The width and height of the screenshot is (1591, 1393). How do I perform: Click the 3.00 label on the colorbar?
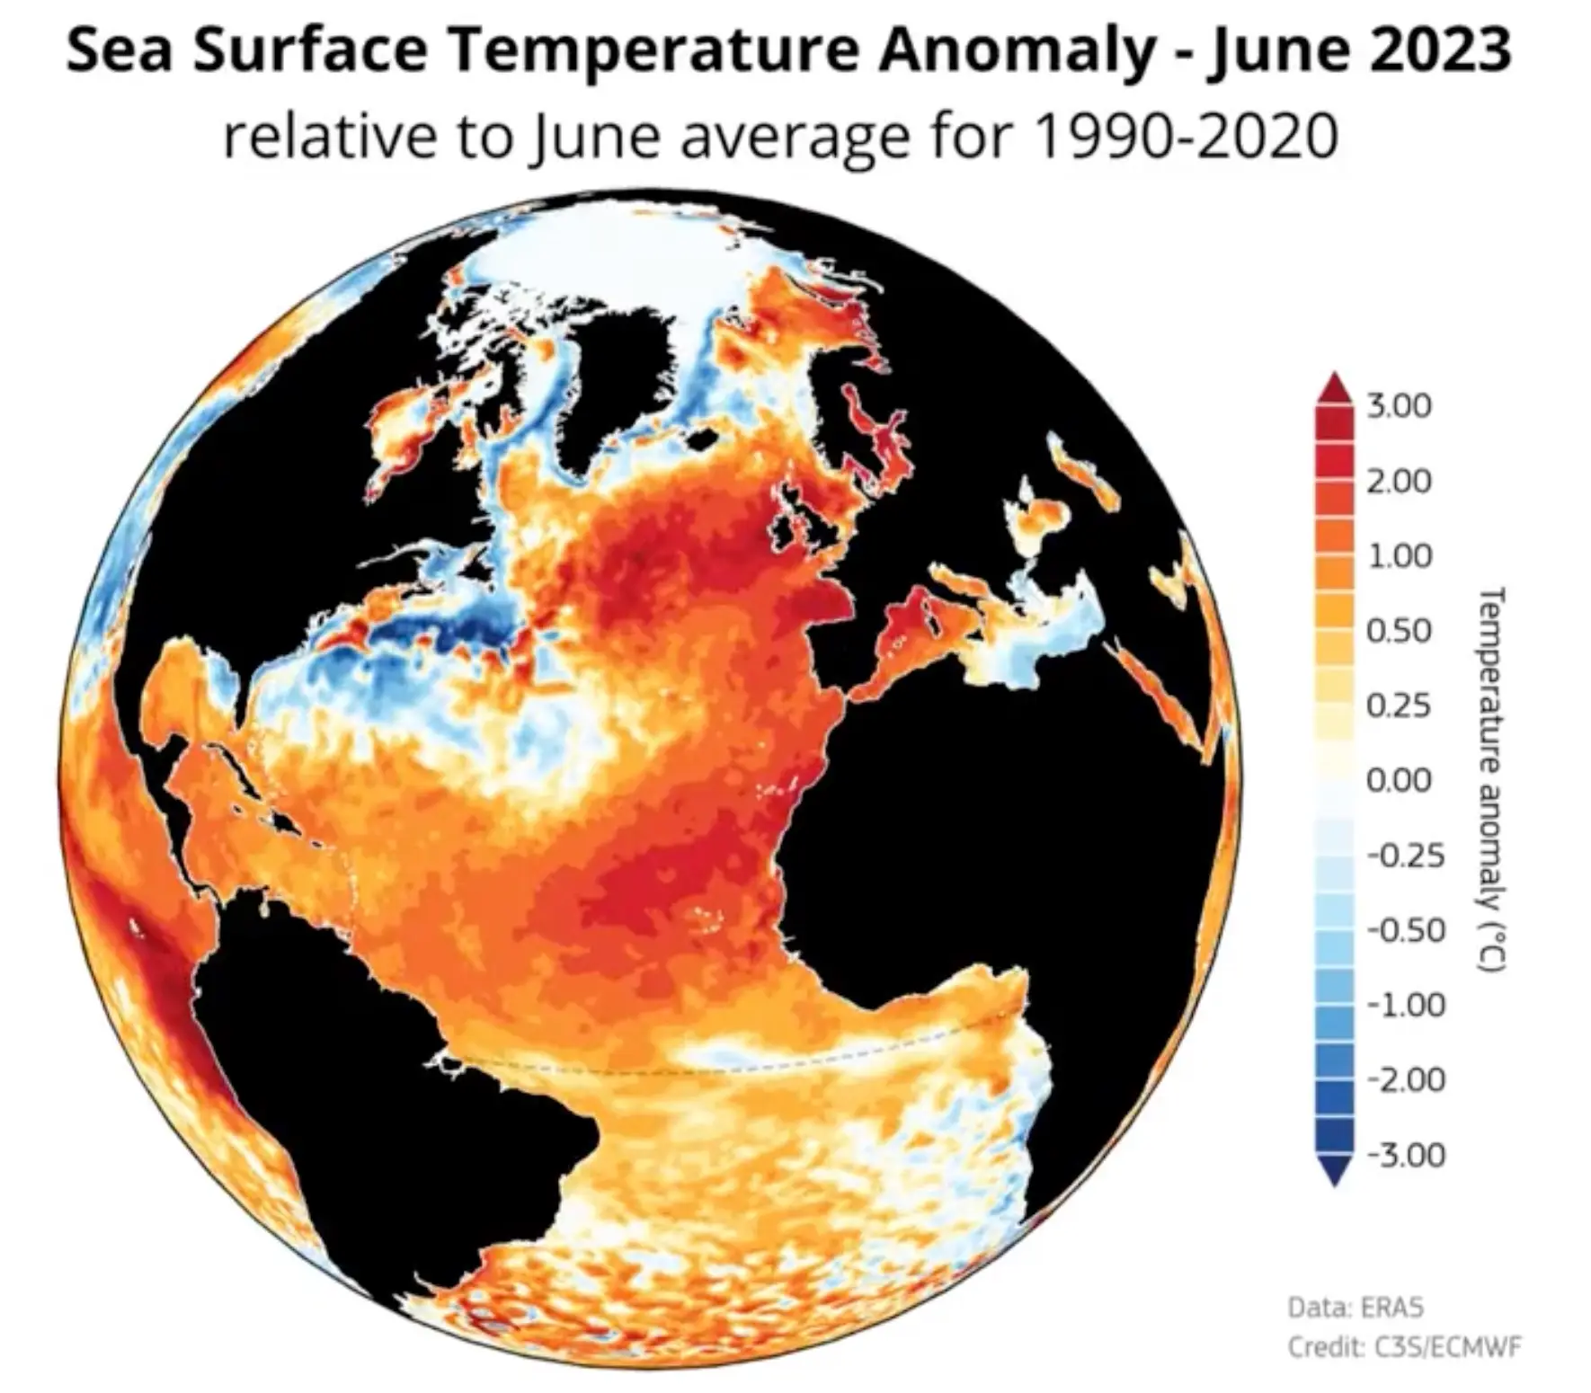coord(1399,406)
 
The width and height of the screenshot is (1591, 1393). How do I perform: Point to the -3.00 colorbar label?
coord(1406,1154)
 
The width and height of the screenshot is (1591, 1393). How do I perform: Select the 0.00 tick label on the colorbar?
coord(1399,780)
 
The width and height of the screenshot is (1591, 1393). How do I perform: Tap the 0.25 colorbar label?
coord(1399,705)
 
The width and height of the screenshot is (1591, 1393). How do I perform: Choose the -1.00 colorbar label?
coord(1406,1004)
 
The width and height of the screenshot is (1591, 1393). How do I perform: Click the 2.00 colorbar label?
coord(1399,481)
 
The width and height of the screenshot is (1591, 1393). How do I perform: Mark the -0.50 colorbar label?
coord(1406,929)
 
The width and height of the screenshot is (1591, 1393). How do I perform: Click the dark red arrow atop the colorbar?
coord(1335,388)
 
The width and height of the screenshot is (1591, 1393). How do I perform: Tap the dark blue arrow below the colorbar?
coord(1335,1171)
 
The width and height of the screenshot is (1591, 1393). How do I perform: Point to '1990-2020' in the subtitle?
coord(1187,137)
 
